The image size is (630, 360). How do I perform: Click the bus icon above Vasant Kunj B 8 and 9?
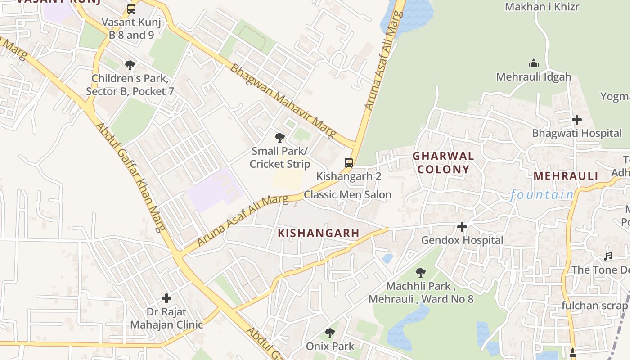coord(131,9)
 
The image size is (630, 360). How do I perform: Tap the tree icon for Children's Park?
coord(130,65)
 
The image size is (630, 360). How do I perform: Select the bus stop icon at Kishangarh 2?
coord(349,163)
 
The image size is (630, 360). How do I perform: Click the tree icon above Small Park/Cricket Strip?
coord(280,138)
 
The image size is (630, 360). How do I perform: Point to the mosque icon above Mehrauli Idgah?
coord(534,63)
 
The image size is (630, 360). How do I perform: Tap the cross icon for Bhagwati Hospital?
coord(577,120)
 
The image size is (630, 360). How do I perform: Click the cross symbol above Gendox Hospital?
coord(462,227)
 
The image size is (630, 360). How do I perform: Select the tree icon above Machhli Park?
coord(421,272)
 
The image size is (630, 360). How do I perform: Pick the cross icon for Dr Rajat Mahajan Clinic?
coord(166,298)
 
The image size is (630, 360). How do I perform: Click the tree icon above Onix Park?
coord(330,333)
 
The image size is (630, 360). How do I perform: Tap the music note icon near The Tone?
coord(608,256)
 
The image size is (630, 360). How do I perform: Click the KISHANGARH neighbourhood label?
coord(319,233)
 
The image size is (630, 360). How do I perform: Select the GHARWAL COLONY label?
coord(443,163)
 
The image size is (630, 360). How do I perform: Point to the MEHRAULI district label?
coord(566,176)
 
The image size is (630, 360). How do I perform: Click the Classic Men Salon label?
coord(347,195)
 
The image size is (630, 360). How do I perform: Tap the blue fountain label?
coord(542,195)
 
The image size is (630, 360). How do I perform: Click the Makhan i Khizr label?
coord(542,7)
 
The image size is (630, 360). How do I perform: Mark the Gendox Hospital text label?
coord(462,240)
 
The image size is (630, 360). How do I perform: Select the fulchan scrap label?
coord(594,306)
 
